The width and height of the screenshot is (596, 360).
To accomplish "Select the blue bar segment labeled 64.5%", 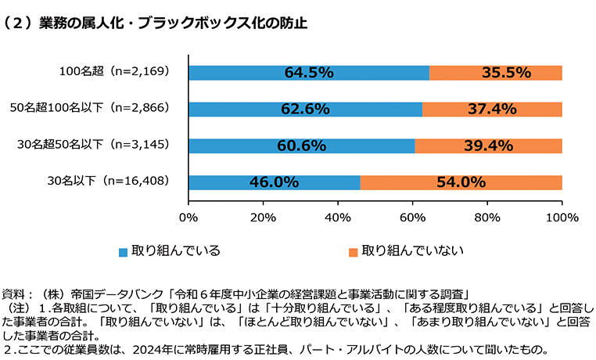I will [308, 73].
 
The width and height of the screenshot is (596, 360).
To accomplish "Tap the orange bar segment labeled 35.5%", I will [496, 73].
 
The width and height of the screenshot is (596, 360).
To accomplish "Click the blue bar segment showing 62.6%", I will [304, 109].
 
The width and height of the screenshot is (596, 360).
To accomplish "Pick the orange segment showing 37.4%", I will [492, 109].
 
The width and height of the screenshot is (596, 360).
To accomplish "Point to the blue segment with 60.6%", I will [301, 146].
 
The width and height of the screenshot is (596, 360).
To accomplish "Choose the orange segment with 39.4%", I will [488, 146].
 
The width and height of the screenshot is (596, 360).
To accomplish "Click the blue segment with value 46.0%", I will [274, 182].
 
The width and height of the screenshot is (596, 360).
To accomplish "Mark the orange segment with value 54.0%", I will [461, 182].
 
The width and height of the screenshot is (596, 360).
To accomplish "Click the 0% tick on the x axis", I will [188, 217].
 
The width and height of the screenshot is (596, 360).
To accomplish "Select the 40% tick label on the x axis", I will [337, 217].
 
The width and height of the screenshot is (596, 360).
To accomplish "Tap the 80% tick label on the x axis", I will [487, 217].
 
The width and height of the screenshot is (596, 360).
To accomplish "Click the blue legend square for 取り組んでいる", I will [122, 252].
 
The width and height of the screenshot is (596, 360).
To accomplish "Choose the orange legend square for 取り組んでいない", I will [353, 252].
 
